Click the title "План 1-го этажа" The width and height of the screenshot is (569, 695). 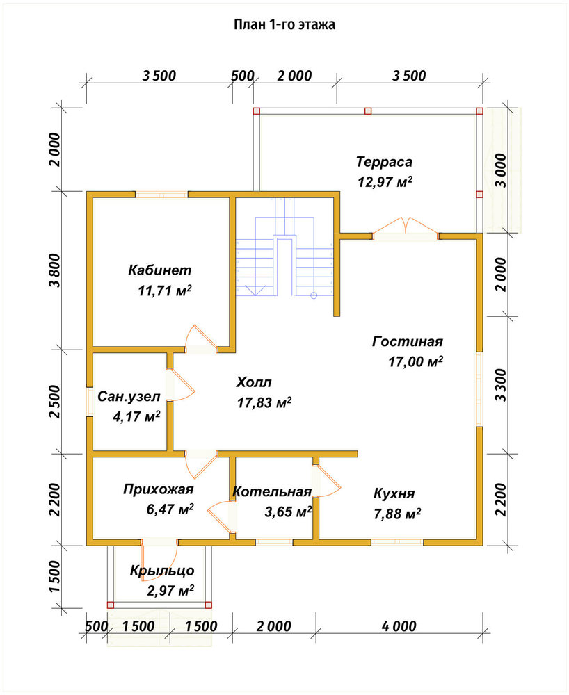click(x=284, y=24)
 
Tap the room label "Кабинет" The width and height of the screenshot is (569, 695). click(x=160, y=270)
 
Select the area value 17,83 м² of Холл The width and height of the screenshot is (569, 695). click(x=264, y=402)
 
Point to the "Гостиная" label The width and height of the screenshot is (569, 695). click(x=408, y=342)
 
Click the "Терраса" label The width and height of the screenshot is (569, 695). click(x=384, y=162)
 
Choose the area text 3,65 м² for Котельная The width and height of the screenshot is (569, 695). click(x=288, y=512)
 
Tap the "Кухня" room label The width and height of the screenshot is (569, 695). click(x=394, y=493)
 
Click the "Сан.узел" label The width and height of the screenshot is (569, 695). click(x=129, y=396)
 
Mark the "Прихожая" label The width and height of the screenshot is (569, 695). click(x=159, y=489)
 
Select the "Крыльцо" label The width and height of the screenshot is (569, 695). click(x=162, y=571)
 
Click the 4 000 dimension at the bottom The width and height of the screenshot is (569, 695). click(x=399, y=626)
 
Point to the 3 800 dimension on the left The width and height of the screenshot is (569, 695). click(x=55, y=270)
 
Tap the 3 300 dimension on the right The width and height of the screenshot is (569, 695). click(x=500, y=385)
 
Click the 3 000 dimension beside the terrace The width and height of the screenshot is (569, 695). click(x=500, y=171)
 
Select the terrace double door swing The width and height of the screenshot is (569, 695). click(x=406, y=224)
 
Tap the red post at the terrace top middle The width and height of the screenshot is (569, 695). click(x=368, y=111)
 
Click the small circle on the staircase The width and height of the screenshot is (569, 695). click(x=314, y=295)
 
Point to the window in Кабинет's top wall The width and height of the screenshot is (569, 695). click(x=161, y=194)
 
